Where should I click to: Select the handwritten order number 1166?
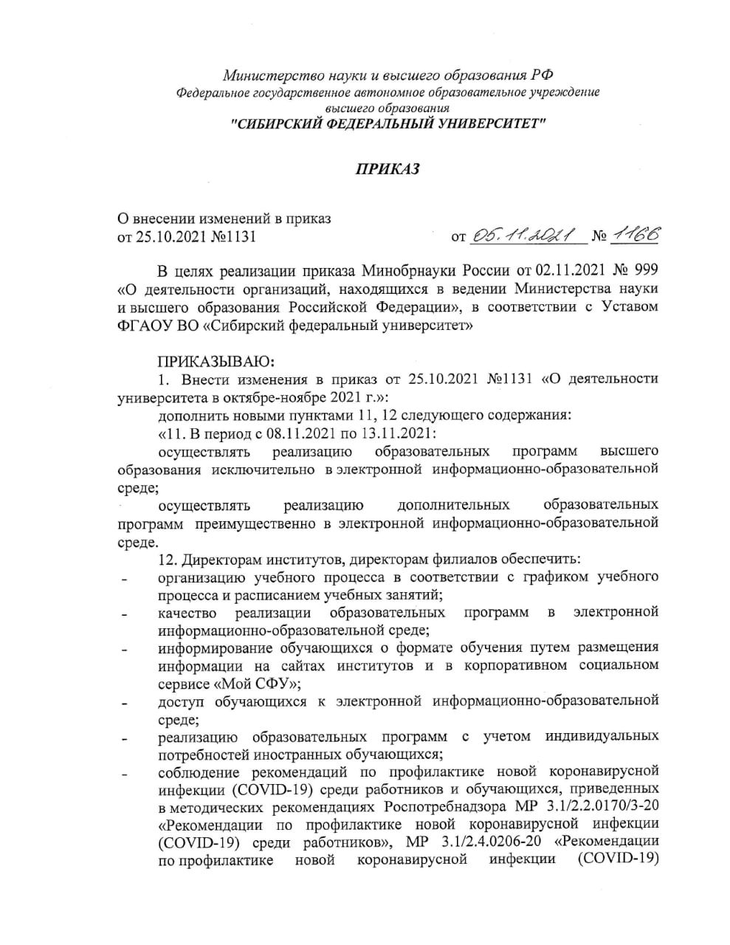(634, 235)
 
